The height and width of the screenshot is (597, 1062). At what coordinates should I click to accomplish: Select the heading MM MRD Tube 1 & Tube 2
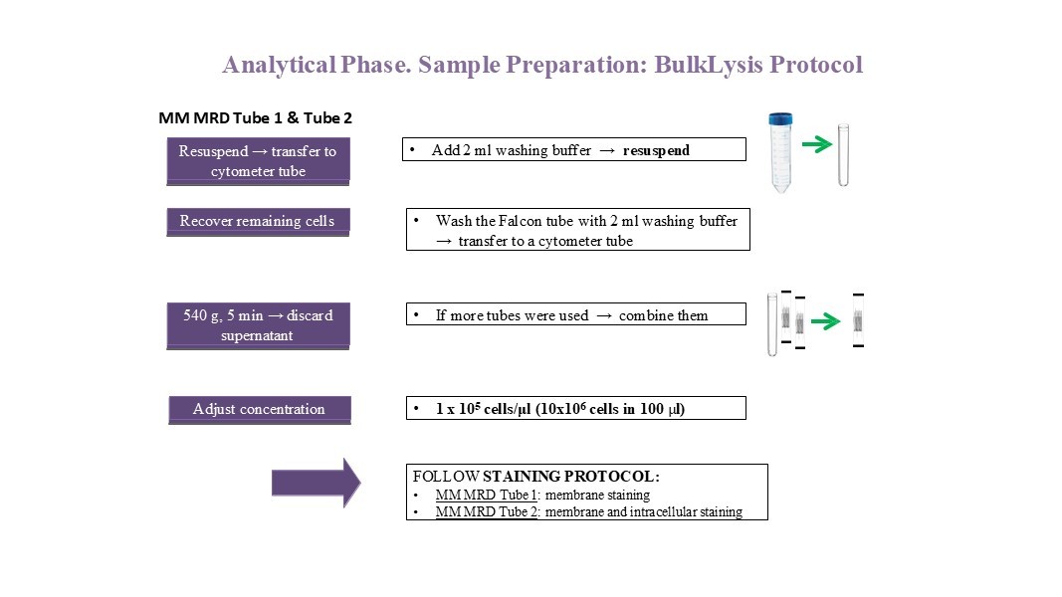tap(256, 117)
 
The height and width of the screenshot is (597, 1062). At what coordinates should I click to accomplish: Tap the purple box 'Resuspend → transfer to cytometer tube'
tap(258, 161)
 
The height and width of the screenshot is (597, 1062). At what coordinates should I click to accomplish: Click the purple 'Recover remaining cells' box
tap(258, 221)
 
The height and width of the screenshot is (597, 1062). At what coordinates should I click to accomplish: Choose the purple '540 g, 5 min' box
tap(258, 325)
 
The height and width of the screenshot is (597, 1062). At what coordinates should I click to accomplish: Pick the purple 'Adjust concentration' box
tap(259, 409)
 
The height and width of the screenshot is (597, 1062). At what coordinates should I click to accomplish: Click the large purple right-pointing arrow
tap(316, 483)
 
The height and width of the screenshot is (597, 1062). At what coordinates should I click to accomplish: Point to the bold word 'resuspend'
tap(656, 150)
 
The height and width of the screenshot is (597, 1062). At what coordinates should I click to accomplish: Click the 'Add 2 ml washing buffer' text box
tap(574, 150)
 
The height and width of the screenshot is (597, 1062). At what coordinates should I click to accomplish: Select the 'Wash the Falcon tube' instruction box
tap(577, 230)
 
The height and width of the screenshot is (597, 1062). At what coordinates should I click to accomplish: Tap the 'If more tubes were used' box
tap(575, 315)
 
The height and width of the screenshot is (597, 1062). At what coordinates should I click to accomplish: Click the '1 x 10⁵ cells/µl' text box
tap(575, 409)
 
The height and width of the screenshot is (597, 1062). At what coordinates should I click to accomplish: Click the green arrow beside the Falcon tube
tap(816, 144)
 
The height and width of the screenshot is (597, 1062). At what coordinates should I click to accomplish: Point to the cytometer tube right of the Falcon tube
tap(843, 155)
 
